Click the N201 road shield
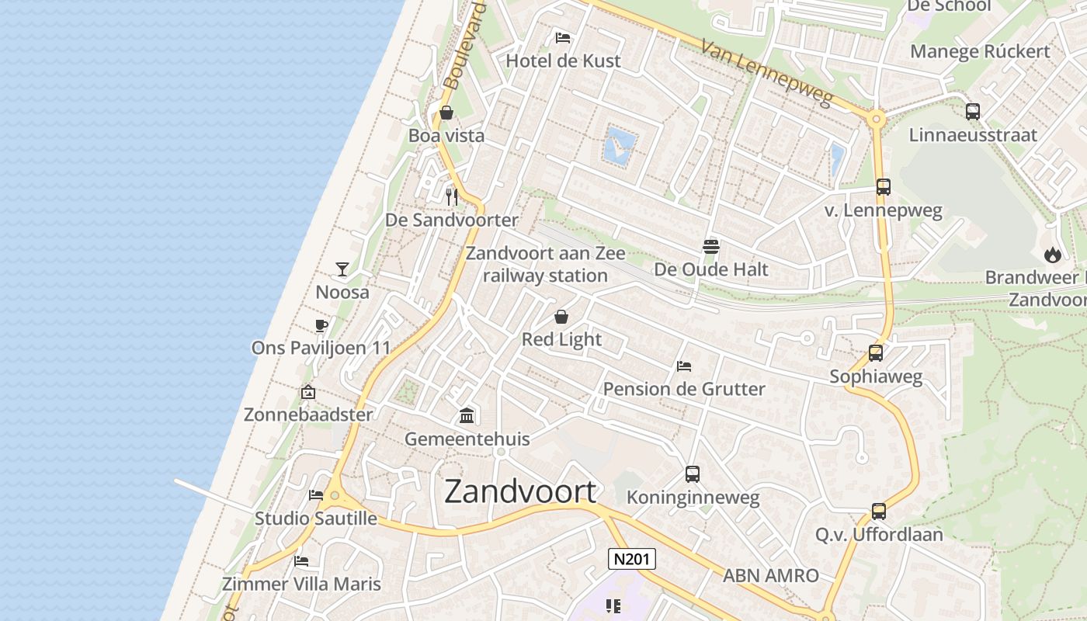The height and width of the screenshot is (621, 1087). [x=631, y=559]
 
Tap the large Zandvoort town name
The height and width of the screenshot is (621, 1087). [x=521, y=492]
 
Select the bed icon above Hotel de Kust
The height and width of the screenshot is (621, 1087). [x=563, y=37]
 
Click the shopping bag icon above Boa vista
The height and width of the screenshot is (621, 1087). [x=446, y=113]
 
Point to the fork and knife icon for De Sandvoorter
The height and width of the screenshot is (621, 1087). [x=452, y=197]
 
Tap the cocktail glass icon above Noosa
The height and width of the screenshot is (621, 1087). [x=342, y=269]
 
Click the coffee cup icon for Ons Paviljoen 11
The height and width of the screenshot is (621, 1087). [x=321, y=325]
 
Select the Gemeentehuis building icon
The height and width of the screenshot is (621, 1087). [x=467, y=416]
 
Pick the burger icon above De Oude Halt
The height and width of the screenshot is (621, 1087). [x=711, y=247]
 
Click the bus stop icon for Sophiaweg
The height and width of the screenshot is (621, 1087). [x=876, y=353]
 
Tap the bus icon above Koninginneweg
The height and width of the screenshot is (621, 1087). [x=693, y=474]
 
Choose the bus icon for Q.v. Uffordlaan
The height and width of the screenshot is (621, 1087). [x=879, y=512]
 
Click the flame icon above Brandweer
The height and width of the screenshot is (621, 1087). [x=1052, y=254]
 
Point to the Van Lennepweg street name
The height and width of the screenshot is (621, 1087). [x=766, y=73]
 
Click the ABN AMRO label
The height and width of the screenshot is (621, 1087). [x=771, y=575]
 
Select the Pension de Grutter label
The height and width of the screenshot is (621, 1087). [x=684, y=389]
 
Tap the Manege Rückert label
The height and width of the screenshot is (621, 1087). [x=980, y=51]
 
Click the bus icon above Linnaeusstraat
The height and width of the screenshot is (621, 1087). [x=973, y=112]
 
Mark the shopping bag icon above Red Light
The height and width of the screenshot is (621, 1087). [x=561, y=317]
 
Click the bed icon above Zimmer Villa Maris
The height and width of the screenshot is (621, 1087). [x=301, y=561]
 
